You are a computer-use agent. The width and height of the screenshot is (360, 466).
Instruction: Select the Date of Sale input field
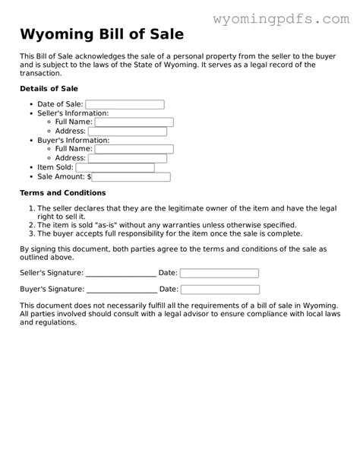pyautogui.click(x=125, y=104)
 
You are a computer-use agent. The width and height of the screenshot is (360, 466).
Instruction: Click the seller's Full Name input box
pyautogui.click(x=134, y=122)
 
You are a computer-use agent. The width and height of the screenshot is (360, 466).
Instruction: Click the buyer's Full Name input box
pyautogui.click(x=134, y=149)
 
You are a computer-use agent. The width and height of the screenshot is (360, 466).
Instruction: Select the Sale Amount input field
pyautogui.click(x=131, y=177)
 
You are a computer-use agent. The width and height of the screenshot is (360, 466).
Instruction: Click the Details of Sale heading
pyautogui.click(x=49, y=89)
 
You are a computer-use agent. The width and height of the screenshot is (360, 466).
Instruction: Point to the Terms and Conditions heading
pyautogui.click(x=62, y=193)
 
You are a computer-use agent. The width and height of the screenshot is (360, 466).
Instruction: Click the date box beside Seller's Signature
pyautogui.click(x=219, y=273)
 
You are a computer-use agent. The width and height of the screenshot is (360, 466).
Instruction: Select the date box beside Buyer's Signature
pyautogui.click(x=219, y=290)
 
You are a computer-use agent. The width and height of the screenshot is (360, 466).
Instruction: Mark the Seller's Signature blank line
pyautogui.click(x=122, y=274)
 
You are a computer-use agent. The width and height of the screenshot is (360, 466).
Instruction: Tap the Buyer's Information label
pyautogui.click(x=73, y=141)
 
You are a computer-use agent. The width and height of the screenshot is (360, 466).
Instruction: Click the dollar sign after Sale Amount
pyautogui.click(x=89, y=177)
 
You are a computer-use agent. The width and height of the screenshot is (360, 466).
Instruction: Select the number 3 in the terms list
pyautogui.click(x=31, y=235)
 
